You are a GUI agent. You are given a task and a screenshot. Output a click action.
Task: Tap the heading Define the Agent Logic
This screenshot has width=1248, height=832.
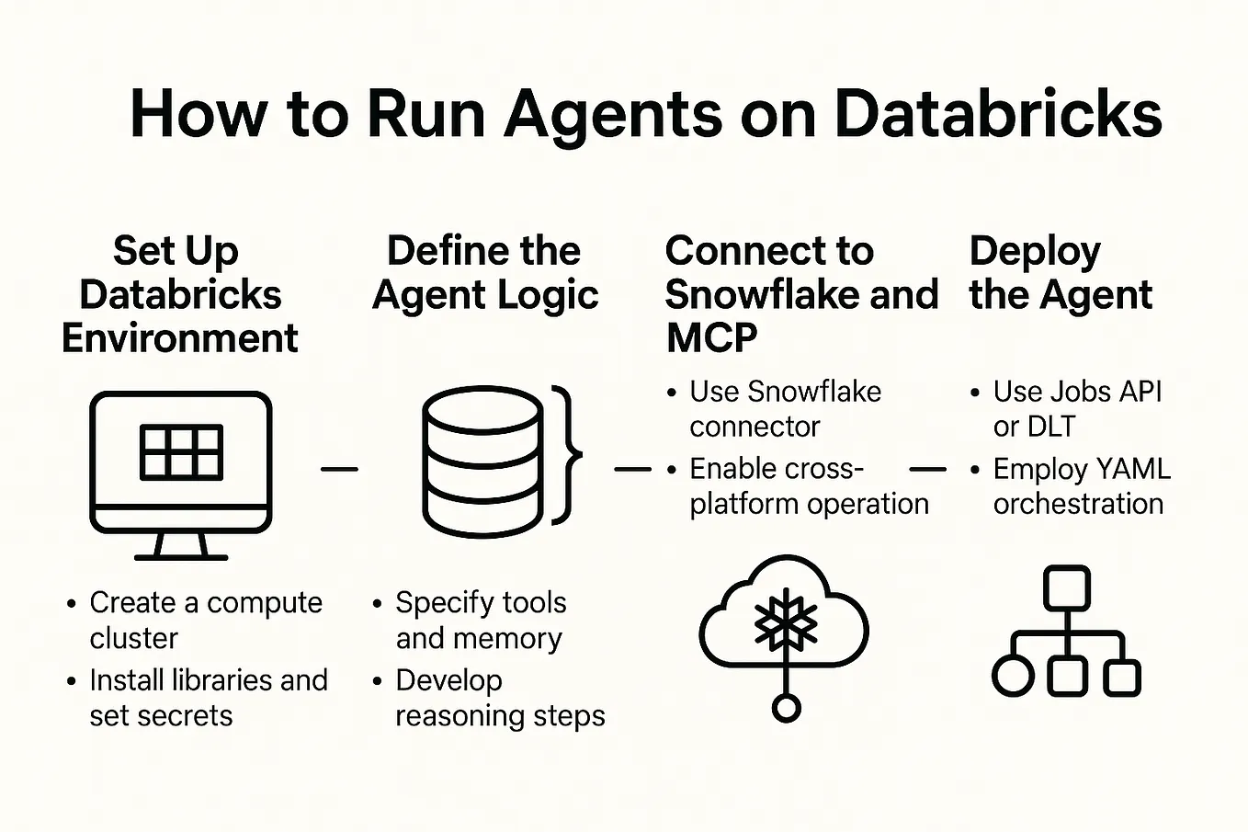click(484, 273)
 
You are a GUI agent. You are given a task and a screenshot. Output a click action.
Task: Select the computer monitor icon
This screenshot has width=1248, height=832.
click(181, 473)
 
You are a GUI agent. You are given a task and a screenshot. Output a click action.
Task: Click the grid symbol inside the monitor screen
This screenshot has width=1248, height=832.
click(181, 452)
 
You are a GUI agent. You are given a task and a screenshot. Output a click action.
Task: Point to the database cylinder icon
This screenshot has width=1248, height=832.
click(482, 461)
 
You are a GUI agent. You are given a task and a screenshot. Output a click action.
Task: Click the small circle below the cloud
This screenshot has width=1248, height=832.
click(786, 707)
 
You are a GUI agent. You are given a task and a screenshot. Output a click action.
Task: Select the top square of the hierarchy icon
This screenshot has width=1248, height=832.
click(1066, 587)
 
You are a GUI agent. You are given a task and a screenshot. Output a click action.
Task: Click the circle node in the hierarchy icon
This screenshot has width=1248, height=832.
click(1013, 678)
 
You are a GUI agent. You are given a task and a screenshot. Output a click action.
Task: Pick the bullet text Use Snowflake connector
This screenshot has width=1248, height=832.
click(784, 409)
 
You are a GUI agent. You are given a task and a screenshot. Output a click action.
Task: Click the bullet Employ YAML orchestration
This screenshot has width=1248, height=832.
click(1080, 486)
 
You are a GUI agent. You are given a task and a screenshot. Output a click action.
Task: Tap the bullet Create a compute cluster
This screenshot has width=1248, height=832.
click(205, 620)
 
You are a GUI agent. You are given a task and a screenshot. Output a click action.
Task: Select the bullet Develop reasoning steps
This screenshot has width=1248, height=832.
click(499, 698)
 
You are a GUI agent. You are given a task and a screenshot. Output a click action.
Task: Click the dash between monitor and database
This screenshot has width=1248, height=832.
click(339, 469)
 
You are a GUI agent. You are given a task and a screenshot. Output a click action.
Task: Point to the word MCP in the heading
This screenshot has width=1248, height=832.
click(711, 338)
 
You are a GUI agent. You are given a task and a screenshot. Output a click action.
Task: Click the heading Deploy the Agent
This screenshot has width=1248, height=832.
click(1060, 273)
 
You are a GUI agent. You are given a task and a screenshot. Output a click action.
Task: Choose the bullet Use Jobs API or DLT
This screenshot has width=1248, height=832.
click(1076, 409)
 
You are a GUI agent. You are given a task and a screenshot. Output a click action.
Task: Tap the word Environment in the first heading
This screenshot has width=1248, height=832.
click(180, 338)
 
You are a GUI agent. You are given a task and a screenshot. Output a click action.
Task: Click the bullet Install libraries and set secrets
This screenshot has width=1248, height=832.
click(208, 698)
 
